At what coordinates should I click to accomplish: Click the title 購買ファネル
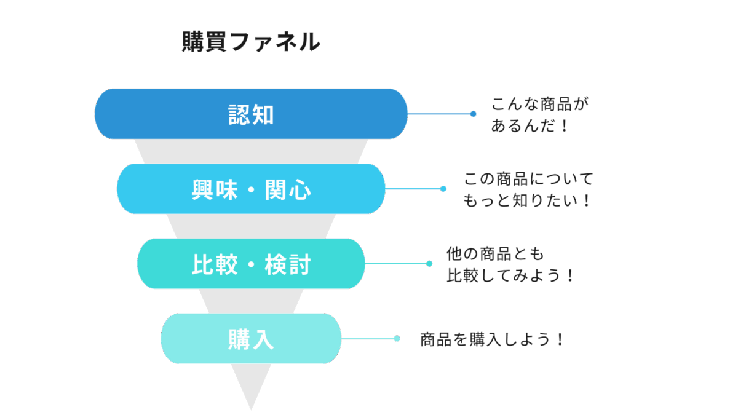point(251,42)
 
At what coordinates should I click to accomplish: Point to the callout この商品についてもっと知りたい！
point(528,190)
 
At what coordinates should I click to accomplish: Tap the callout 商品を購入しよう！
point(491,339)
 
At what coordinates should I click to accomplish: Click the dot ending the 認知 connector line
point(473,114)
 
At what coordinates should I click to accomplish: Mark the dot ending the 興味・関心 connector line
point(443,189)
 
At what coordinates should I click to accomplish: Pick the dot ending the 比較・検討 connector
point(429,264)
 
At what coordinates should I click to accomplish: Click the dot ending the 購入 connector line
point(397,339)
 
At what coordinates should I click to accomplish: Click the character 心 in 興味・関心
point(300,190)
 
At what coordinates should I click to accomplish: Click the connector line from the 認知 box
point(440,114)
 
